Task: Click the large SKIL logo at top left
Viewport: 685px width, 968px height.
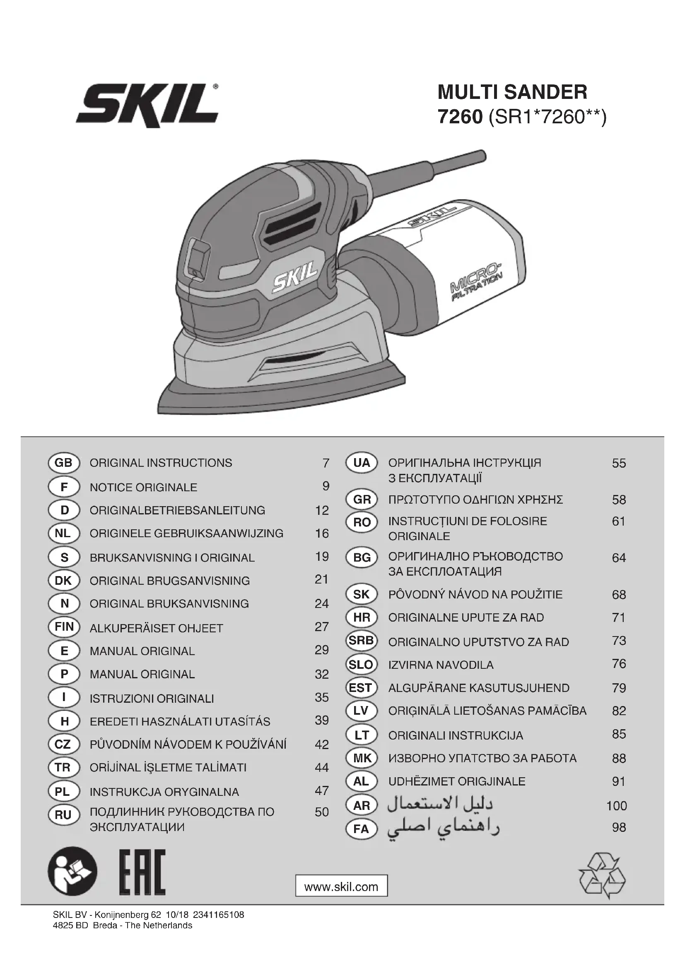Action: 147,105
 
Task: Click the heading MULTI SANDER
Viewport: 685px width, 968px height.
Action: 512,92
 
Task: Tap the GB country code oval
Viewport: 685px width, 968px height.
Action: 64,463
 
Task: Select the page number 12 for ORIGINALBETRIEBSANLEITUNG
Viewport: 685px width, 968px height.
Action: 322,511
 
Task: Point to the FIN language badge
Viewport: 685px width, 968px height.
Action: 64,627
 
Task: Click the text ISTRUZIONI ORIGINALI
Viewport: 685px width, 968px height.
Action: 152,699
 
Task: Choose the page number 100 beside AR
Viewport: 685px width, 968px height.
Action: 616,806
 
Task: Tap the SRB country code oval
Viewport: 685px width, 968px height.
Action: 361,641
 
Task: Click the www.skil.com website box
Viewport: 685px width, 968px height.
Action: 341,887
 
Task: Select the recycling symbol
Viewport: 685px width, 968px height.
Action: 602,876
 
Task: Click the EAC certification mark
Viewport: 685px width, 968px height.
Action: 142,872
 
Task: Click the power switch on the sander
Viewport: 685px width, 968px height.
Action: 199,257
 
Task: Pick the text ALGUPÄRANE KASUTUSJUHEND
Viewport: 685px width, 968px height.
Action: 479,688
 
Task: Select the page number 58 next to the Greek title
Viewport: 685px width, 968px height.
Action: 619,500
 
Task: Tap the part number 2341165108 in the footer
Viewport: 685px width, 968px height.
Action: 219,915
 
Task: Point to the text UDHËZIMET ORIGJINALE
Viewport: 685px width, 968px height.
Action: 457,781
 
